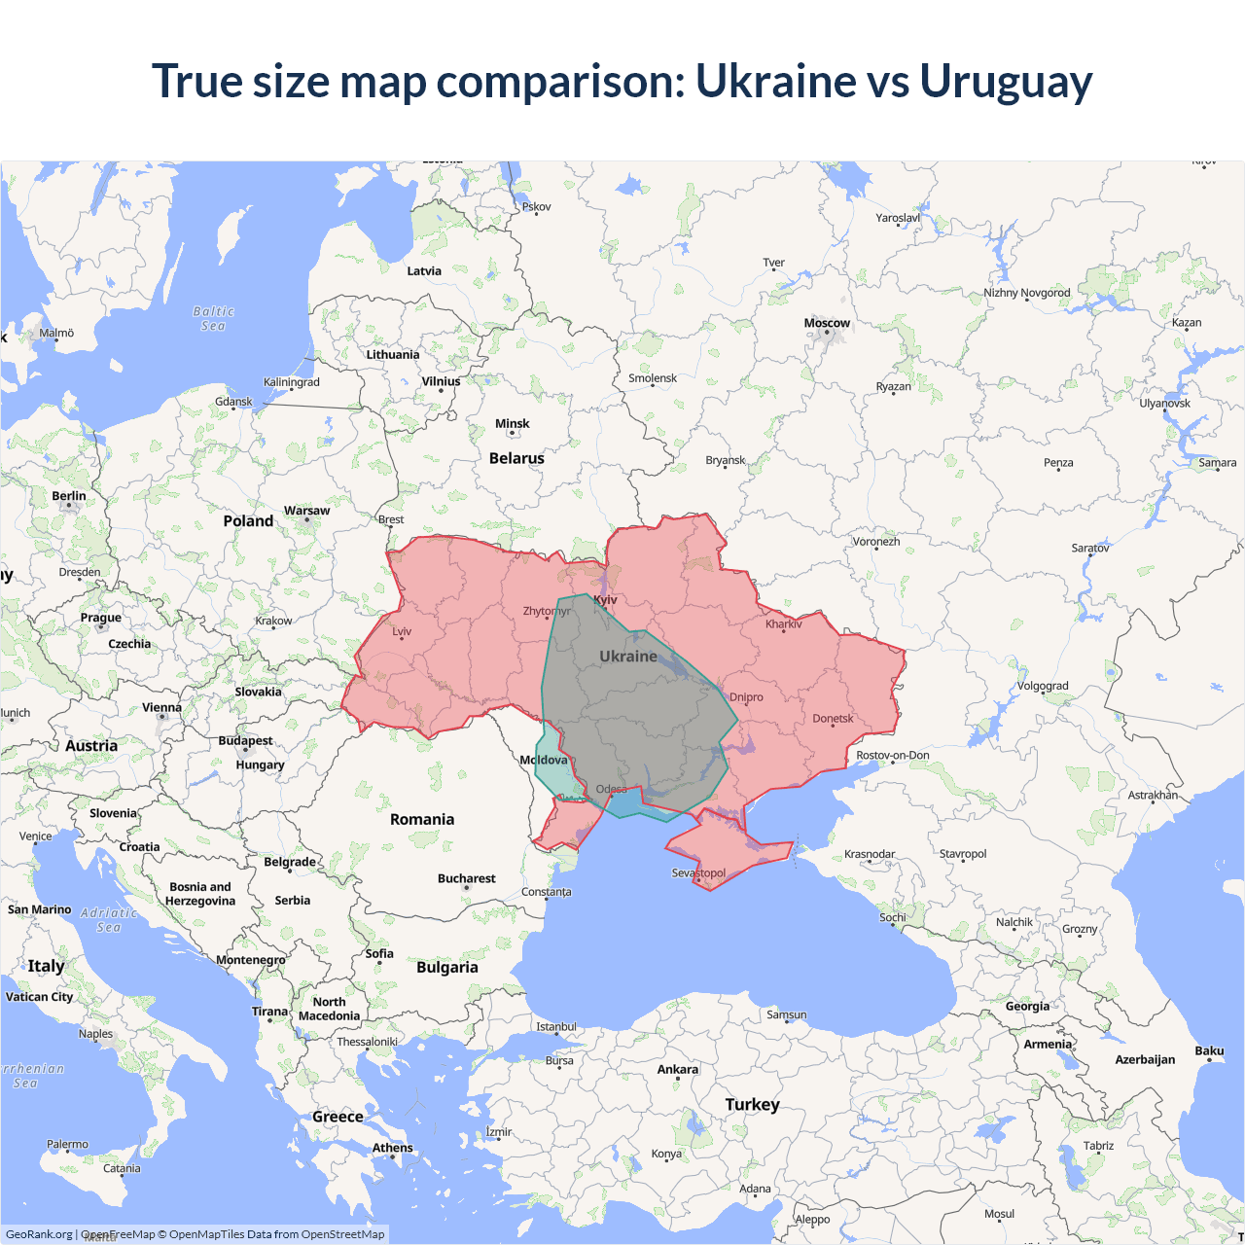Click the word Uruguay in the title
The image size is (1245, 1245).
coord(1006,82)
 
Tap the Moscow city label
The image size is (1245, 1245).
coord(827,323)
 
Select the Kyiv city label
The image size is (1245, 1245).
coord(605,600)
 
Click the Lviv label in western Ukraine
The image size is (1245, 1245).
coord(402,631)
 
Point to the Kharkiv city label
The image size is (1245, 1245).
coord(784,624)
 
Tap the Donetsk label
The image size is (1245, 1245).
coord(833,719)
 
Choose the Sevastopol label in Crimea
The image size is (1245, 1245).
coord(698,872)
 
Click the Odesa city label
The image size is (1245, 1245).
coord(612,789)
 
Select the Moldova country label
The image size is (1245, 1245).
coord(544,760)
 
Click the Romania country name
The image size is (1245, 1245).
coord(422,819)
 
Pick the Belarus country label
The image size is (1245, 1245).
coord(516,458)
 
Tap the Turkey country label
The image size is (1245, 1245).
coord(752,1104)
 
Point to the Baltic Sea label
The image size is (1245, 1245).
coord(213,318)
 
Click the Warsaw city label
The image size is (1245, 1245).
coord(306,511)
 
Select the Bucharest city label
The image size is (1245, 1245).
coord(466,878)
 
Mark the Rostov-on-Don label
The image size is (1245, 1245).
coord(892,755)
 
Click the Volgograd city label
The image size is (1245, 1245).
coord(1043,686)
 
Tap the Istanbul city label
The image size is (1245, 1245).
coord(556,1026)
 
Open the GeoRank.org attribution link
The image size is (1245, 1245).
coord(39,1234)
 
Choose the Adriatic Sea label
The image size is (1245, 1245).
coord(109,920)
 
